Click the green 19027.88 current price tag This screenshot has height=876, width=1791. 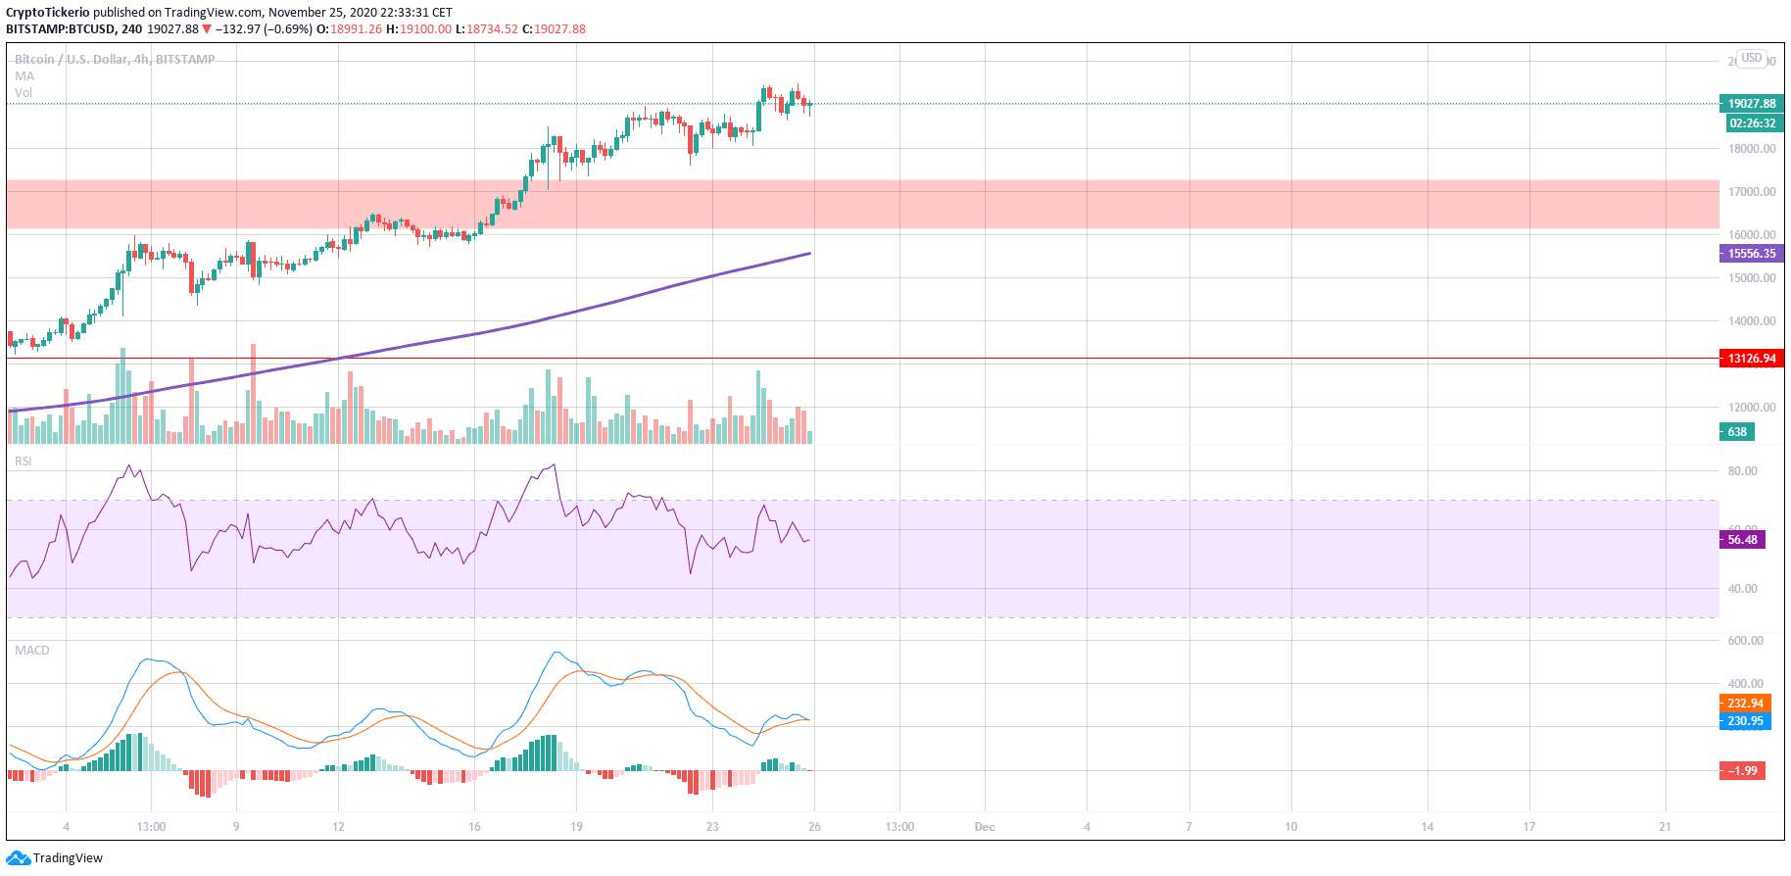coord(1751,104)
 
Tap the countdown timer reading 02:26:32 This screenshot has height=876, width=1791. coord(1751,123)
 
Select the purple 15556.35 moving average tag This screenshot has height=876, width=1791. coord(1751,254)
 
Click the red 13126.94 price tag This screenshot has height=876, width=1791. coord(1751,359)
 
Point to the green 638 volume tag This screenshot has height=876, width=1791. coord(1737,432)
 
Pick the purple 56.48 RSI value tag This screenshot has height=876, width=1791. coord(1741,540)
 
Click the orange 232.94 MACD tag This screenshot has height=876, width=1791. coord(1745,704)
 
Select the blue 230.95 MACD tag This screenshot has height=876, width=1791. coord(1745,721)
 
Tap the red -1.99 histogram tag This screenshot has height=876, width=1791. coord(1742,771)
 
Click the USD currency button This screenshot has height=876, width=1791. coord(1751,59)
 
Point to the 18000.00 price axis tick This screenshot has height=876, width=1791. coord(1752,149)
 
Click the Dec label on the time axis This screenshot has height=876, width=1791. coord(985,827)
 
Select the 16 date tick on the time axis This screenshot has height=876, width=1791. coord(474,827)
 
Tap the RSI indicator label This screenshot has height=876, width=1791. coord(23,462)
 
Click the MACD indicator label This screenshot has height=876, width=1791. coord(31,651)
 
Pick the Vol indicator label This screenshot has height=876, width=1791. coord(24,93)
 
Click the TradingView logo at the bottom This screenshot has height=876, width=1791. coord(55,858)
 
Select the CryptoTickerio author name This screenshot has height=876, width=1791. coord(48,13)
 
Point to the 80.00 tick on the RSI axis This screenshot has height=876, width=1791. coord(1742,471)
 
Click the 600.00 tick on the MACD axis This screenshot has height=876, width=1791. coord(1745,641)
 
